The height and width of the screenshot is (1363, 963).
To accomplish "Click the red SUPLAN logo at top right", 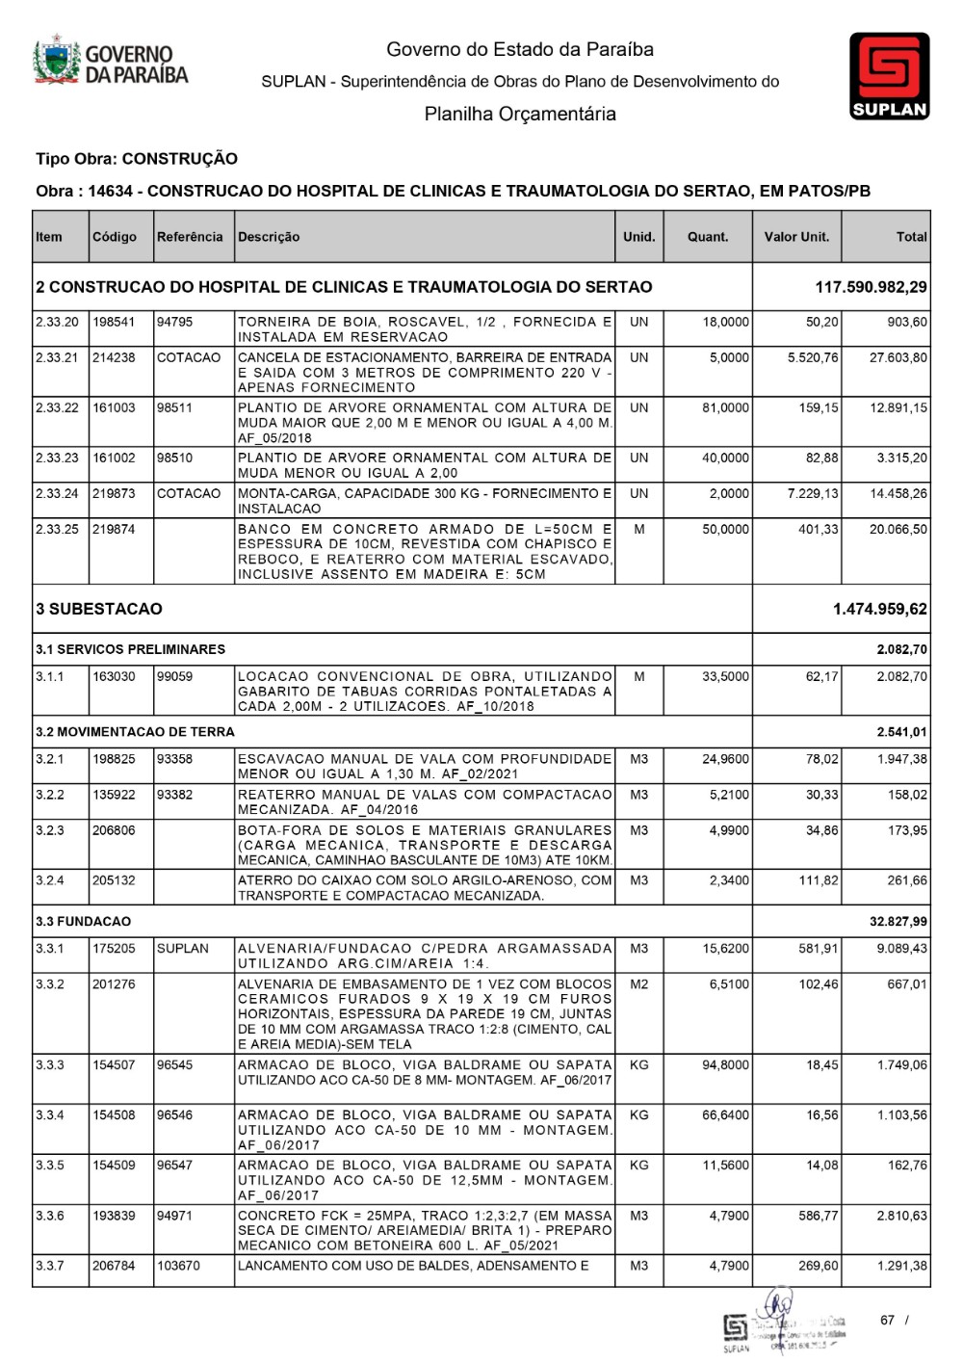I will pos(889,75).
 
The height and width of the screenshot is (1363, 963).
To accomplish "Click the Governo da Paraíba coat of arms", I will pos(57,63).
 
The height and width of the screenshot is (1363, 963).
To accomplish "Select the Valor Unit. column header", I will pos(796,237).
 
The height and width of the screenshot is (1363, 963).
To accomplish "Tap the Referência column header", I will pos(190,237).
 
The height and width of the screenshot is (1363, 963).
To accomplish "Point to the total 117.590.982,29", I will pos(871,287).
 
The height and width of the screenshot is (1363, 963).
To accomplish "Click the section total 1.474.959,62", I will pos(880,609).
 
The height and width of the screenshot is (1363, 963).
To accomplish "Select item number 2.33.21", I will pos(57,357).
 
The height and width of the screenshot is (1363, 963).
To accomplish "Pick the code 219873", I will pos(114,493).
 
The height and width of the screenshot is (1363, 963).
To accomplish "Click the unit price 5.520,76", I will pos(813,357).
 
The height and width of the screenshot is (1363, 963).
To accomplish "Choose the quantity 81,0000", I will pos(725,407).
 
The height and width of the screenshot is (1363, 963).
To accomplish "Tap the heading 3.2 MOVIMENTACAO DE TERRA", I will pos(135,732).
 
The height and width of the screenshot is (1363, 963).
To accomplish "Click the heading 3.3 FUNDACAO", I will pos(83,922).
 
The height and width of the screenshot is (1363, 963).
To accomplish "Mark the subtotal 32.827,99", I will pos(898,922).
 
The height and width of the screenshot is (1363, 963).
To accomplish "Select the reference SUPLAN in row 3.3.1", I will pos(183,949).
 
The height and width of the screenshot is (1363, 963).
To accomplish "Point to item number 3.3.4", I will pos(50,1115).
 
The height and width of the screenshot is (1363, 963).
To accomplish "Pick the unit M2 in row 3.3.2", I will pos(638,984).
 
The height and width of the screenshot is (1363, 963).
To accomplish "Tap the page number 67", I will pos(887,1321).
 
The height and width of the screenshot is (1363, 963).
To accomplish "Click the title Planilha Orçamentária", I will pos(520,115).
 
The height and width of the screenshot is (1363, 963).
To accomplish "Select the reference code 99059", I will pos(174,677).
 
